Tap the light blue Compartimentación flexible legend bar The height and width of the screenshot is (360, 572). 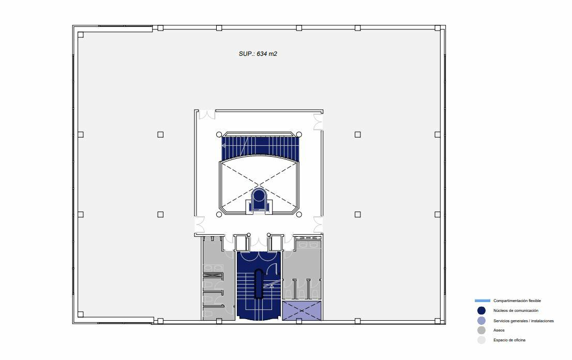coord(482,301)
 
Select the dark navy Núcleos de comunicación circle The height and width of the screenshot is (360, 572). coord(481,310)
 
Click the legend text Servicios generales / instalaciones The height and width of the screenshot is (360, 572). coord(523,321)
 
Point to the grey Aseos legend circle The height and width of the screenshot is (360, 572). coord(481,330)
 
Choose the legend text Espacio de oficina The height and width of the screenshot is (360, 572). coord(509,340)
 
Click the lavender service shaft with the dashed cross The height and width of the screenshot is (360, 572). coord(302,310)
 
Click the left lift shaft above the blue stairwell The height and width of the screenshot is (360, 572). coord(241,243)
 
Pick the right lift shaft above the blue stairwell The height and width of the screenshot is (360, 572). coord(276,243)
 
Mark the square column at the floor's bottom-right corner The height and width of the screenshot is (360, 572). coord(438,314)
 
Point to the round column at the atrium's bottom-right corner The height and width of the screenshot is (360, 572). coord(299,214)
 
